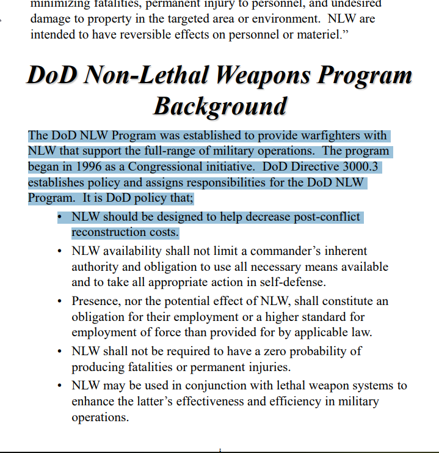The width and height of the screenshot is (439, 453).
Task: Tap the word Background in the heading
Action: click(x=220, y=106)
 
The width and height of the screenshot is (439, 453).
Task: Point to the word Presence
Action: click(x=97, y=301)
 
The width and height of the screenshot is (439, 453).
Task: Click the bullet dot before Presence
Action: click(x=59, y=302)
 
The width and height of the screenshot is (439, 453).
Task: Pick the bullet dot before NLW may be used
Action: click(x=59, y=386)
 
